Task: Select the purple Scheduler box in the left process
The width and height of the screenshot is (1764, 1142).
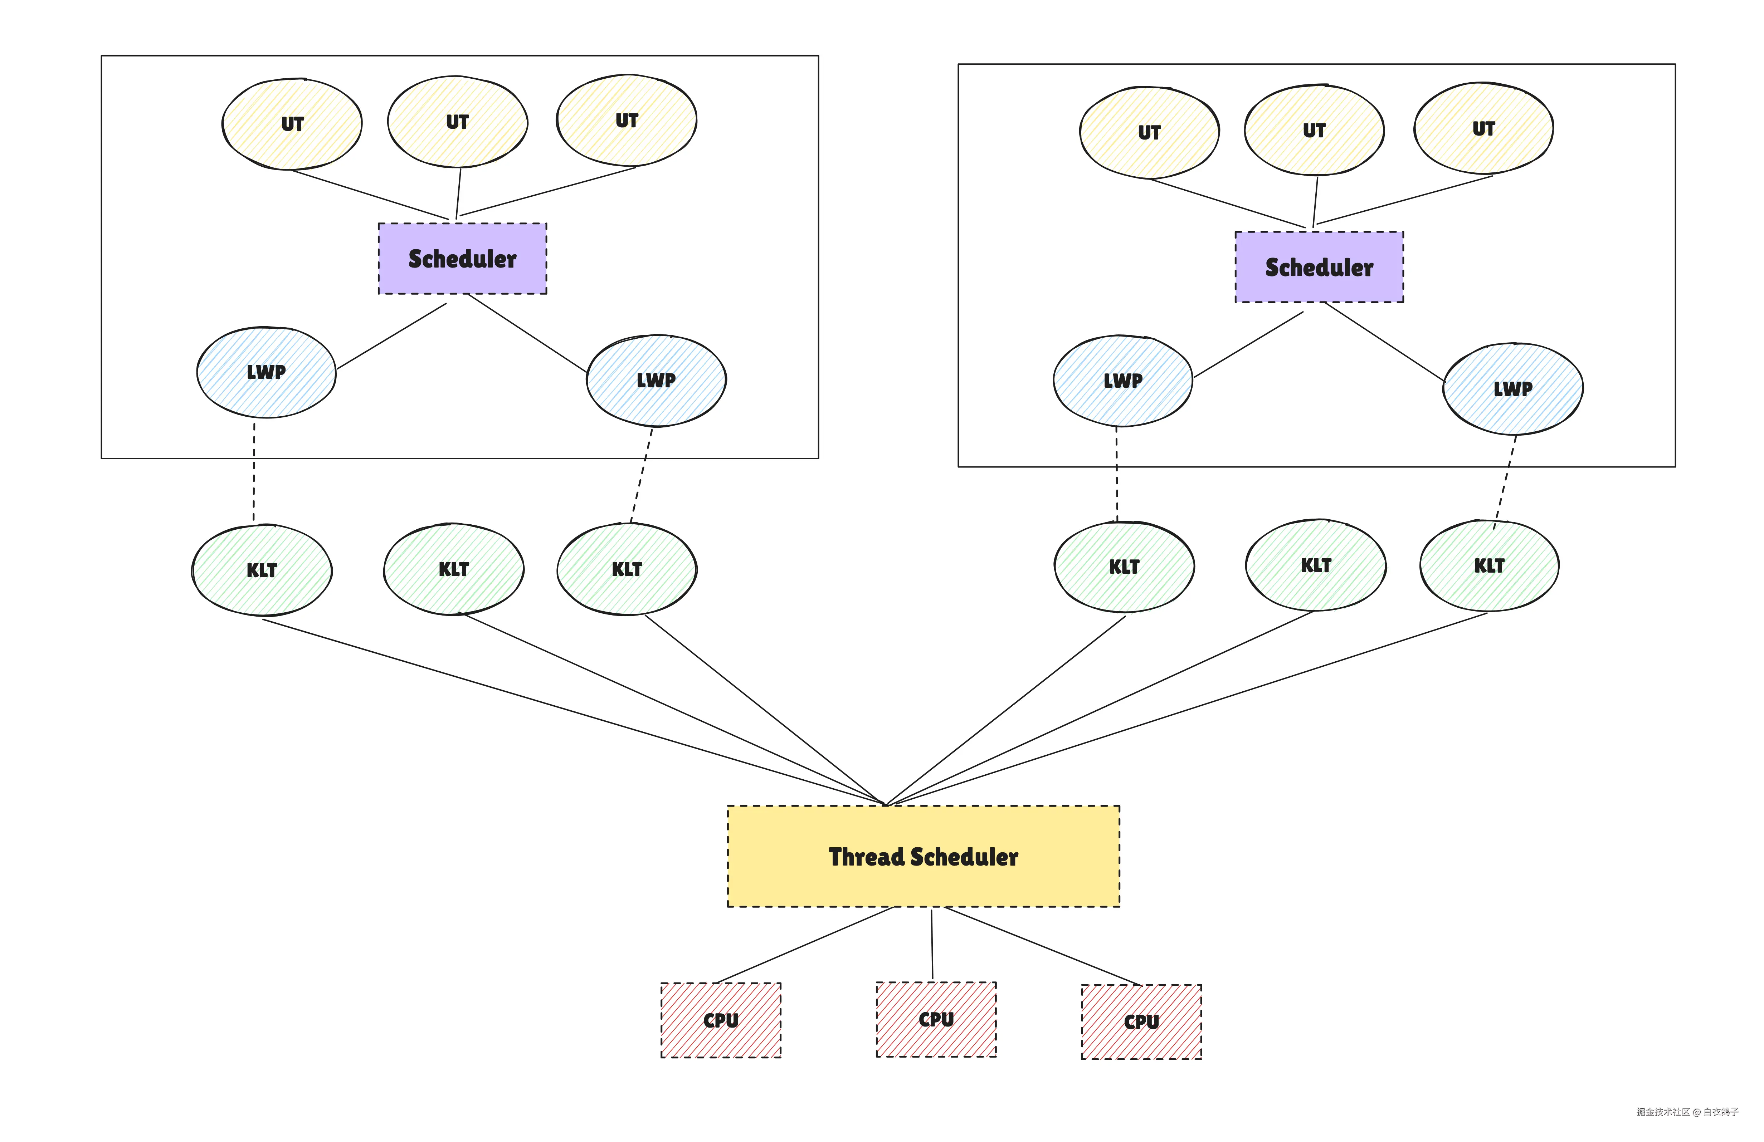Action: click(463, 259)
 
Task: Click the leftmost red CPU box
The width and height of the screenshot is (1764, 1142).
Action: click(720, 1020)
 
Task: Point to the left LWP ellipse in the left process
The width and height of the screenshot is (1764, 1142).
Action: click(266, 372)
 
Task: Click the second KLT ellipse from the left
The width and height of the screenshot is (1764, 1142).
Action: click(454, 569)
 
